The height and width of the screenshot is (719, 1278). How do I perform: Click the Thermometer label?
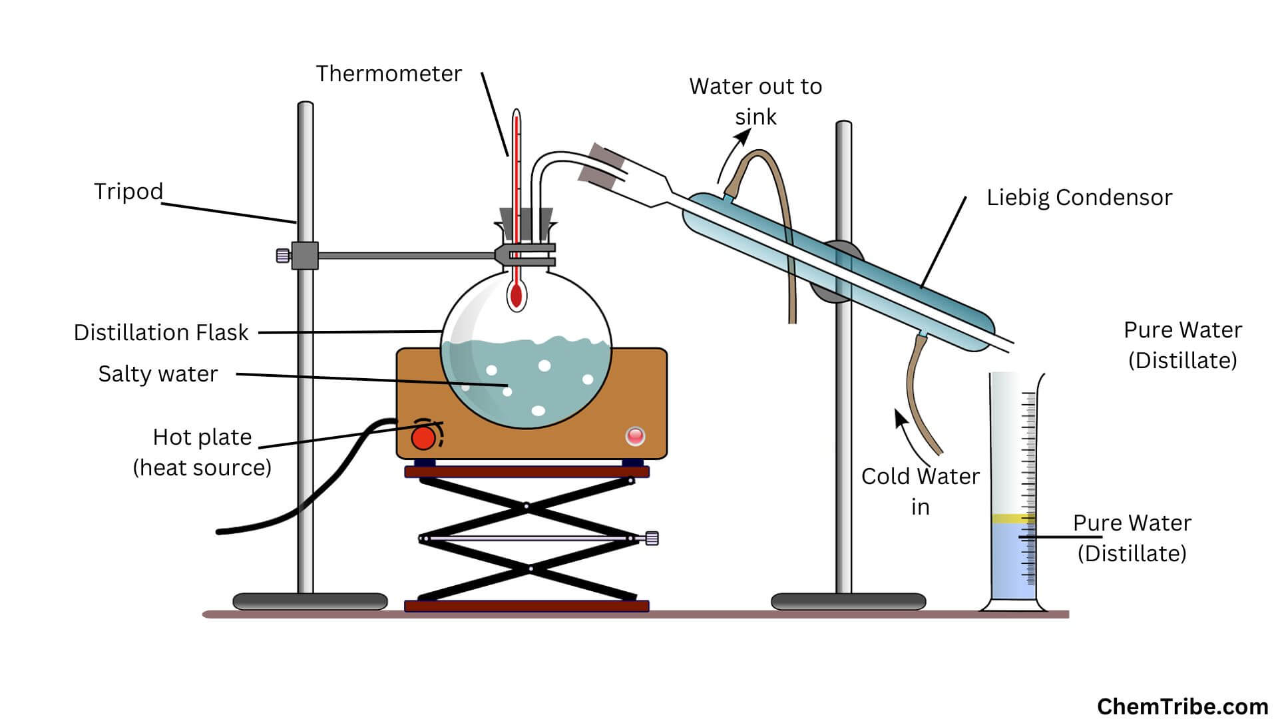tap(388, 74)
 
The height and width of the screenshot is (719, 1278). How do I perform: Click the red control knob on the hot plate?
tap(423, 438)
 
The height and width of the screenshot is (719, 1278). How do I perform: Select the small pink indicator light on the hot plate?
tap(635, 436)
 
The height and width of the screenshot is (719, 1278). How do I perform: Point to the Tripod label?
tap(128, 192)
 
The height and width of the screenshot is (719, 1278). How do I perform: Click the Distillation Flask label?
tap(161, 332)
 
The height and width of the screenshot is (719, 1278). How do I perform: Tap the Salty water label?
tap(158, 374)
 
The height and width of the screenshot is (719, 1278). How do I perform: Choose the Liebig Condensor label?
tap(1079, 198)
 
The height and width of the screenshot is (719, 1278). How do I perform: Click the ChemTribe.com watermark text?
tap(1182, 706)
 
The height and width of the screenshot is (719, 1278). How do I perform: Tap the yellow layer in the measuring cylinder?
tap(1012, 518)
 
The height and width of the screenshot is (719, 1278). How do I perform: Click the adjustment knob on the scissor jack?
tap(652, 538)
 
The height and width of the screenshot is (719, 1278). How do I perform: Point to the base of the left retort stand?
tap(310, 601)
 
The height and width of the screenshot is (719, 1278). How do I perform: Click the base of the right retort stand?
tap(848, 601)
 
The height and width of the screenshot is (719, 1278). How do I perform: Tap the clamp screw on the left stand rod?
tap(283, 255)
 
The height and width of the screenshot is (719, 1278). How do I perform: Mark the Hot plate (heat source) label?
tap(202, 452)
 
